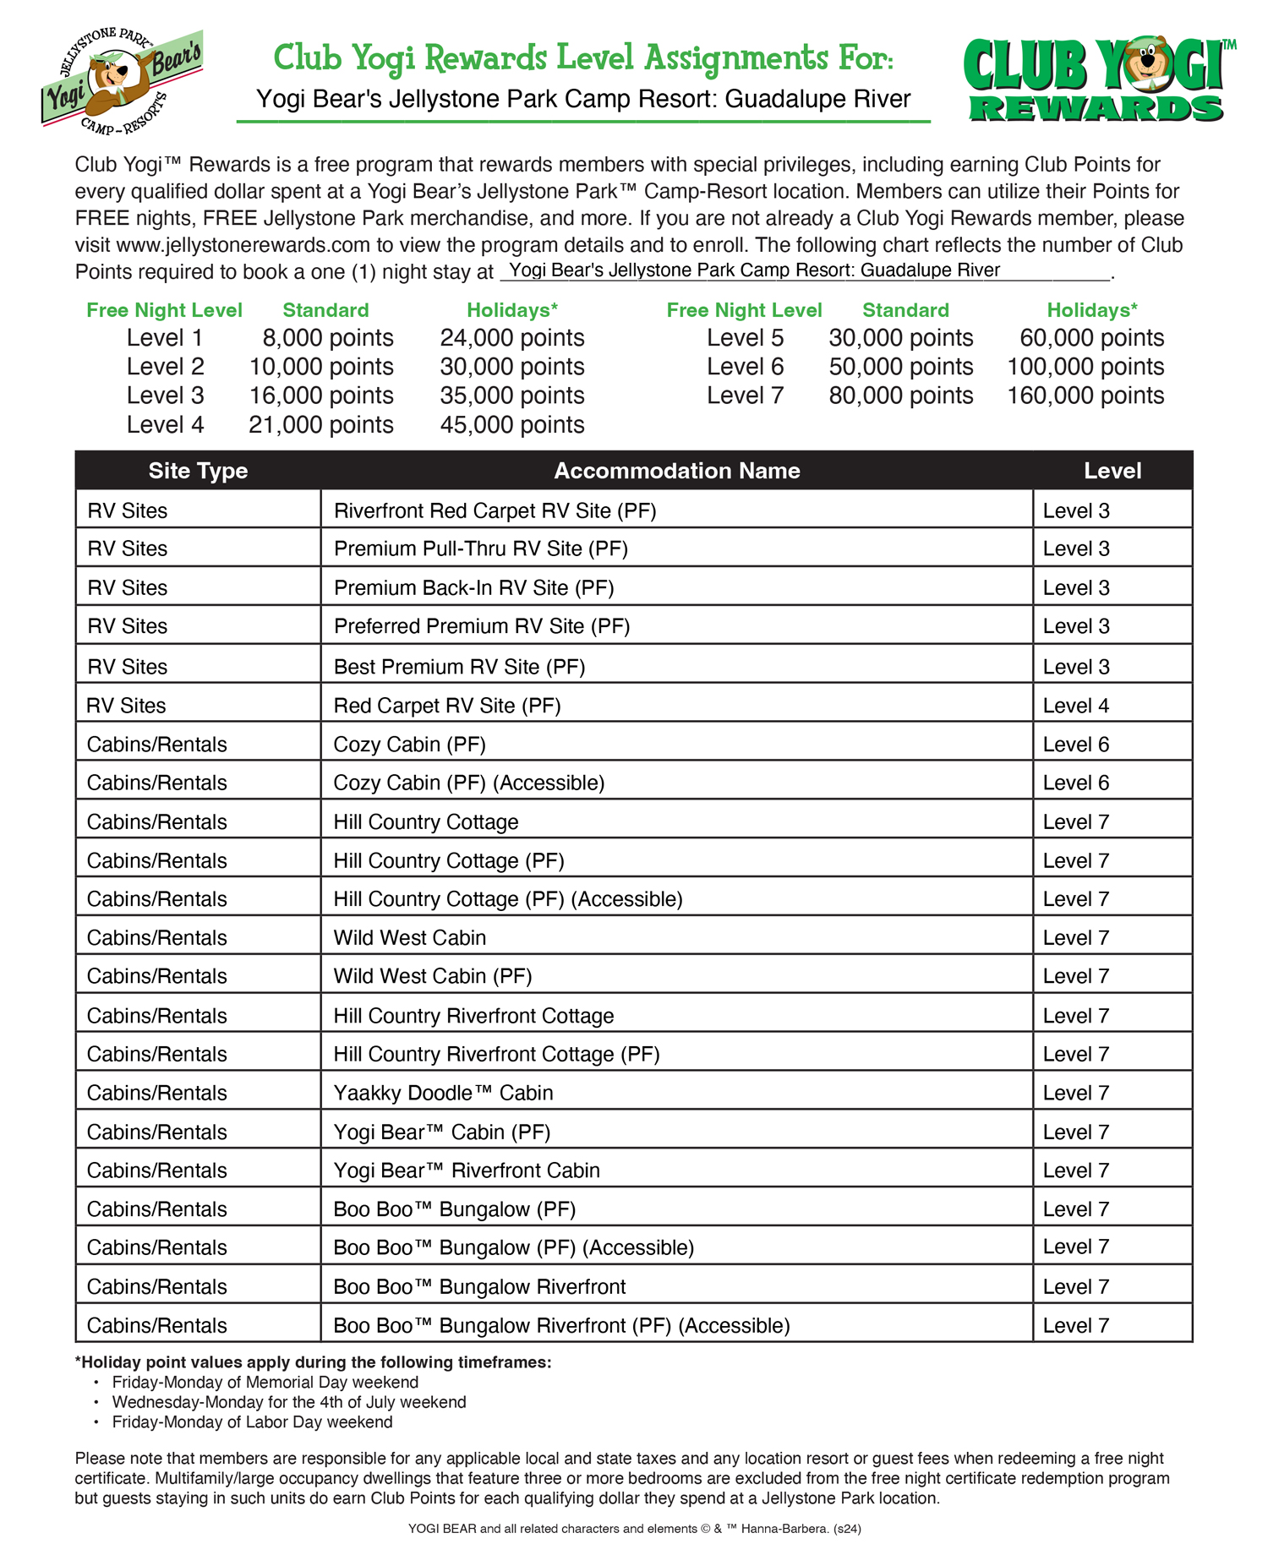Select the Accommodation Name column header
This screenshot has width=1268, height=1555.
coord(676,471)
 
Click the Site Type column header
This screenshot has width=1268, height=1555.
coord(198,471)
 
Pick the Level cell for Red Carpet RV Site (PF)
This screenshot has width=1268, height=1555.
coord(1075,706)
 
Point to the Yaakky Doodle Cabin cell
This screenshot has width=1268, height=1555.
coord(443,1093)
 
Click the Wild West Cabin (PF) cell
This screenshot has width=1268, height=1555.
coord(432,976)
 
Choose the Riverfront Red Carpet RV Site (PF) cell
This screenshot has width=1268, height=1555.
coord(495,510)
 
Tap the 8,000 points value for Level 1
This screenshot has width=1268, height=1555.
coord(327,338)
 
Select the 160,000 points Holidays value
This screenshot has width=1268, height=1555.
coord(1085,396)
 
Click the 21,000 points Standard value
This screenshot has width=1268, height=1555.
coord(320,424)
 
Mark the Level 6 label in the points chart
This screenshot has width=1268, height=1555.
coord(745,367)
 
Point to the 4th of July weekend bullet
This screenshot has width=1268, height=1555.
coord(288,1402)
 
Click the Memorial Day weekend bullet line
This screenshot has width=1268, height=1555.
coord(265,1382)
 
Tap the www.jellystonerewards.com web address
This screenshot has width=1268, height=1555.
coord(243,245)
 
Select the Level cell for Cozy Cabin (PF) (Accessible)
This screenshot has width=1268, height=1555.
coord(1075,783)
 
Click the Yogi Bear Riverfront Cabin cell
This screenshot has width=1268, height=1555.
coord(467,1170)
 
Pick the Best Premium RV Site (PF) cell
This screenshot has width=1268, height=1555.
coord(459,667)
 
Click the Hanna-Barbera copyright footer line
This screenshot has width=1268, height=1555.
coord(634,1528)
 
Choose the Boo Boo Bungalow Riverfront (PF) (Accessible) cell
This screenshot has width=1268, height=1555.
coord(561,1325)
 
